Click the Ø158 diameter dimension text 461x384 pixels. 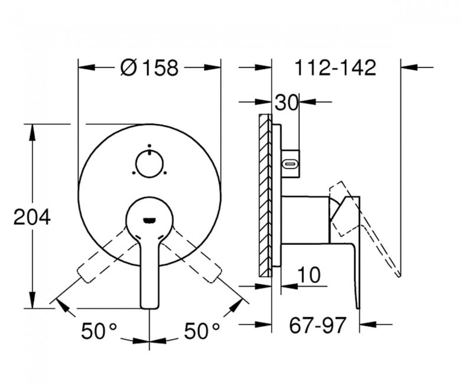pos(150,67)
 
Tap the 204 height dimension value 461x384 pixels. pos(32,217)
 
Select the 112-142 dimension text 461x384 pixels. pos(335,67)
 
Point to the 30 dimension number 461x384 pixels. pos(287,103)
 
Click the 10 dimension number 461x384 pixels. pos(309,275)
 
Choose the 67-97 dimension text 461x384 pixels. pos(317,326)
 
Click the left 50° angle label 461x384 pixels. pos(99,330)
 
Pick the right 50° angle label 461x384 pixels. pos(202,330)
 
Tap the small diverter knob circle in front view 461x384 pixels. pos(150,164)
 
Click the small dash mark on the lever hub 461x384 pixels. pos(150,220)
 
